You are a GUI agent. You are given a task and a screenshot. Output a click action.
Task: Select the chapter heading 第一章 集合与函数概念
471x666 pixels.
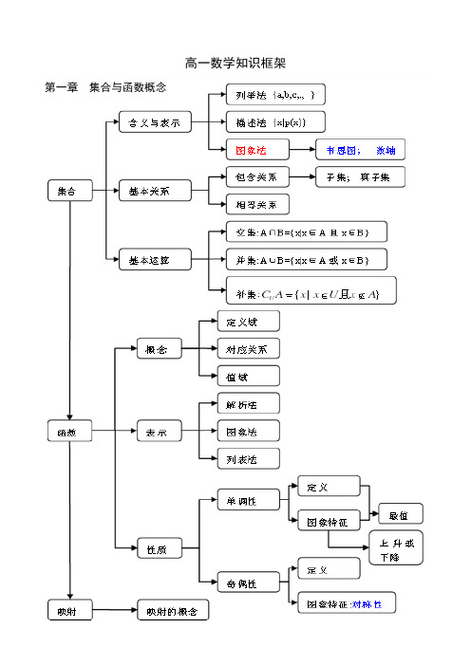tap(105, 87)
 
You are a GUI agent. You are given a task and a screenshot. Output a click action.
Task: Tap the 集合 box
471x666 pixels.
tap(70, 191)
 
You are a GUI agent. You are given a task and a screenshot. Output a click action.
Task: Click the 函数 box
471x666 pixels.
tap(70, 431)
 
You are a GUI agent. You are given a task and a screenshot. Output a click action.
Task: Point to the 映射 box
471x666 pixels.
tap(70, 611)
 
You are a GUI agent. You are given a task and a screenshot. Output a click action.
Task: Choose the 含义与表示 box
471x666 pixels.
tap(154, 122)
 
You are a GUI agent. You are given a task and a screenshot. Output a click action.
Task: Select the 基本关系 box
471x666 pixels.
tap(154, 191)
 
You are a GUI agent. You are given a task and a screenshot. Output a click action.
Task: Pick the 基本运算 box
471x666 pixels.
tap(154, 259)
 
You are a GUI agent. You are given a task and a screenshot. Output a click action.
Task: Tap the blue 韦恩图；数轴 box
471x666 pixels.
tap(360, 150)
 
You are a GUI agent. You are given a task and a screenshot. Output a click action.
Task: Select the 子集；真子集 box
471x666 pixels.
tap(359, 176)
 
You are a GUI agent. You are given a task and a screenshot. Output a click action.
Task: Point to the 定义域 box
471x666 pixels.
tap(248, 322)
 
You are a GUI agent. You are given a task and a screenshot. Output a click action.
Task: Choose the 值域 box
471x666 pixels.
tap(248, 376)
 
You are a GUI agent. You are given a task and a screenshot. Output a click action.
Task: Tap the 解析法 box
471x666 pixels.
tap(248, 403)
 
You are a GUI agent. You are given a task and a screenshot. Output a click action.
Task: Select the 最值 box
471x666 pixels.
tap(400, 514)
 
